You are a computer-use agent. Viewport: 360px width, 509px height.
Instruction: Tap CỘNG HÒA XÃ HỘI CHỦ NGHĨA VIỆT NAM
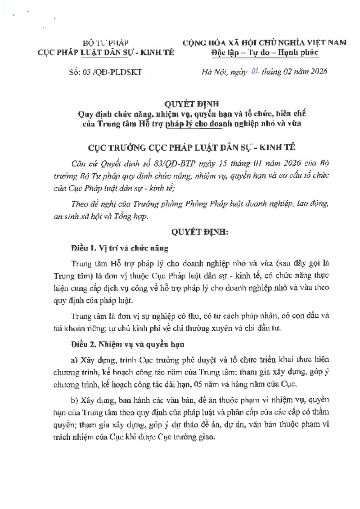264,43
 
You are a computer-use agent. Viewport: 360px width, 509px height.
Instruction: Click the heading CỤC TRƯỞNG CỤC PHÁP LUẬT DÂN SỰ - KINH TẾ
180,147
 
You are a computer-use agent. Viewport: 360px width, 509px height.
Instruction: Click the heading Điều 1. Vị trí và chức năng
119,248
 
